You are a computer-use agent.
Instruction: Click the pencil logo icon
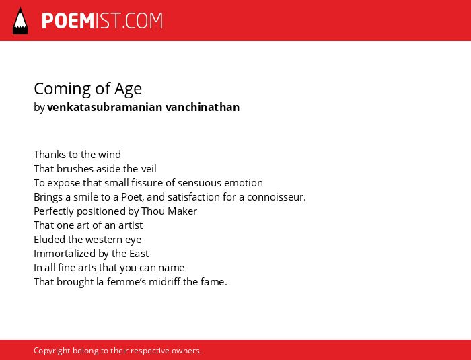pyautogui.click(x=20, y=21)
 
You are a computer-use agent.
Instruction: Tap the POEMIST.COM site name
pyautogui.click(x=102, y=21)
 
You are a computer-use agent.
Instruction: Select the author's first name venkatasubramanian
pyautogui.click(x=104, y=107)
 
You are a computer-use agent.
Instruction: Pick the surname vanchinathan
pyautogui.click(x=203, y=107)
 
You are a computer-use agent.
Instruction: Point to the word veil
pyautogui.click(x=149, y=169)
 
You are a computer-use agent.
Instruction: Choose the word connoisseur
pyautogui.click(x=277, y=197)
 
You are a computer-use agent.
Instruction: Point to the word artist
pyautogui.click(x=131, y=225)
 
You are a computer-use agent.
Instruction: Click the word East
pyautogui.click(x=139, y=254)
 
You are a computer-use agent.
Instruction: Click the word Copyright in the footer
pyautogui.click(x=52, y=351)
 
